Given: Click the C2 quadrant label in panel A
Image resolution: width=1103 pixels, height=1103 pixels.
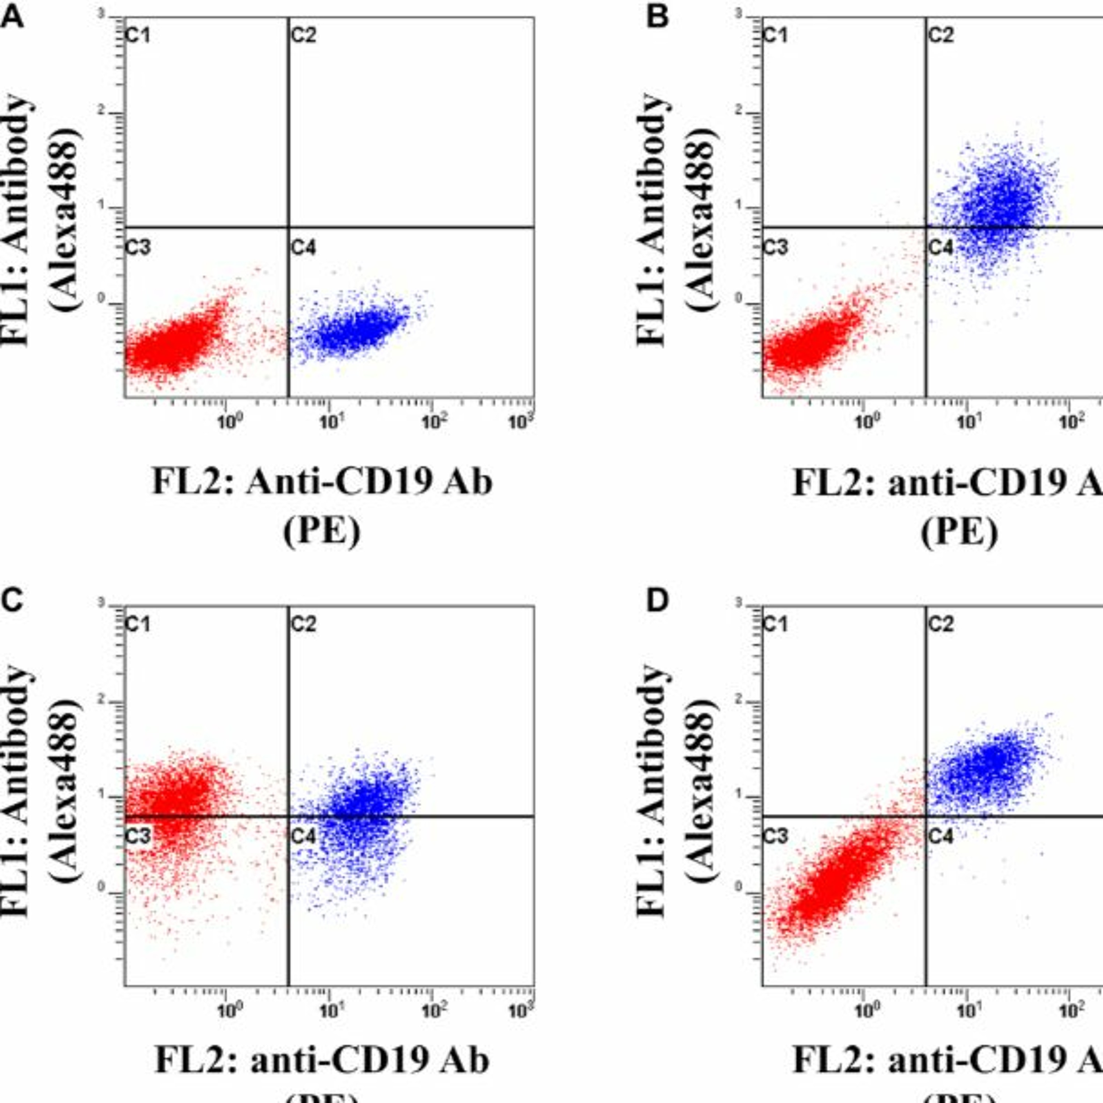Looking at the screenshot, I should (x=303, y=35).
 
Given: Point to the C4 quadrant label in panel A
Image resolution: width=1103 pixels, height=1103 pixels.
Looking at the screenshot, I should (x=303, y=248).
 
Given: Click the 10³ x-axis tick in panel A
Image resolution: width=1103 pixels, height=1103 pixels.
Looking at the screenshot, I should (x=523, y=422).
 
